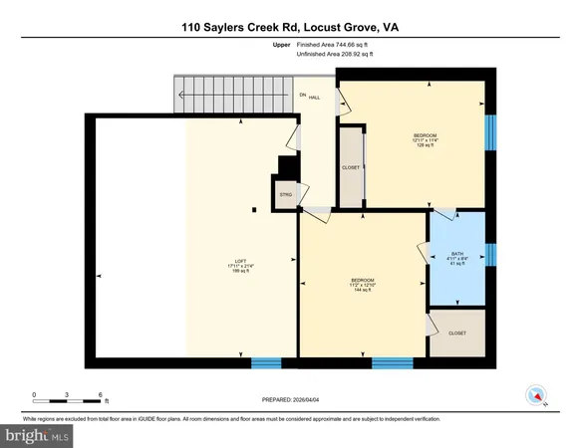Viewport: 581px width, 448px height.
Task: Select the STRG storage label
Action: click(x=285, y=194)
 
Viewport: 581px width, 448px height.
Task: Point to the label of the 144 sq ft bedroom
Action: click(x=362, y=281)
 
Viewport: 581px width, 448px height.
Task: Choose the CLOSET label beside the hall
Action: click(x=351, y=168)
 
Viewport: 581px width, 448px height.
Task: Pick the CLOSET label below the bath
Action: click(x=457, y=334)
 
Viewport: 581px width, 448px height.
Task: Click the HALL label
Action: click(x=314, y=98)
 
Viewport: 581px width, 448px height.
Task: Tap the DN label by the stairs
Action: click(x=303, y=94)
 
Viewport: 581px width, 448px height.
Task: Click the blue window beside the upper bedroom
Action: click(x=489, y=130)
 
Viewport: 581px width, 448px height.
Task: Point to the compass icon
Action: click(x=538, y=395)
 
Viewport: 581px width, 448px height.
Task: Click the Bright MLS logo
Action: click(x=38, y=435)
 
